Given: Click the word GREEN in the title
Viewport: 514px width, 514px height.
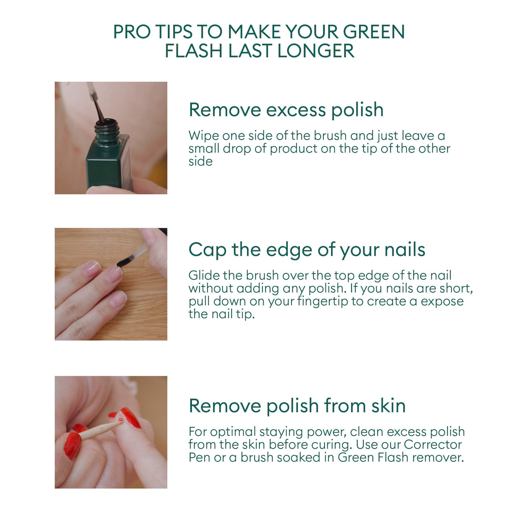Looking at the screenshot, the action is [374, 32].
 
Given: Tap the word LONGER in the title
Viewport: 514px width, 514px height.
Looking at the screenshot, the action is [316, 51].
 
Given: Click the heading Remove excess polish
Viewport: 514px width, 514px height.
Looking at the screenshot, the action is [286, 110].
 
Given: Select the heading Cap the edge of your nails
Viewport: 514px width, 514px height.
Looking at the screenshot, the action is [307, 250].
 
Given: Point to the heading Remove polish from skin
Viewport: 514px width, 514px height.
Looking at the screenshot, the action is [297, 406].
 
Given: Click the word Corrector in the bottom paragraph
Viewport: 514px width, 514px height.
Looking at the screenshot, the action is [433, 444].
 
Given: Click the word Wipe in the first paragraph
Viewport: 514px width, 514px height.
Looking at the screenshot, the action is [204, 136].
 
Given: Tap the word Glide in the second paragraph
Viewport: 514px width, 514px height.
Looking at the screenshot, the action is [204, 275].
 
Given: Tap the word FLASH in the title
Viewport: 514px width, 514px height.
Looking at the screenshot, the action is [194, 51].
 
